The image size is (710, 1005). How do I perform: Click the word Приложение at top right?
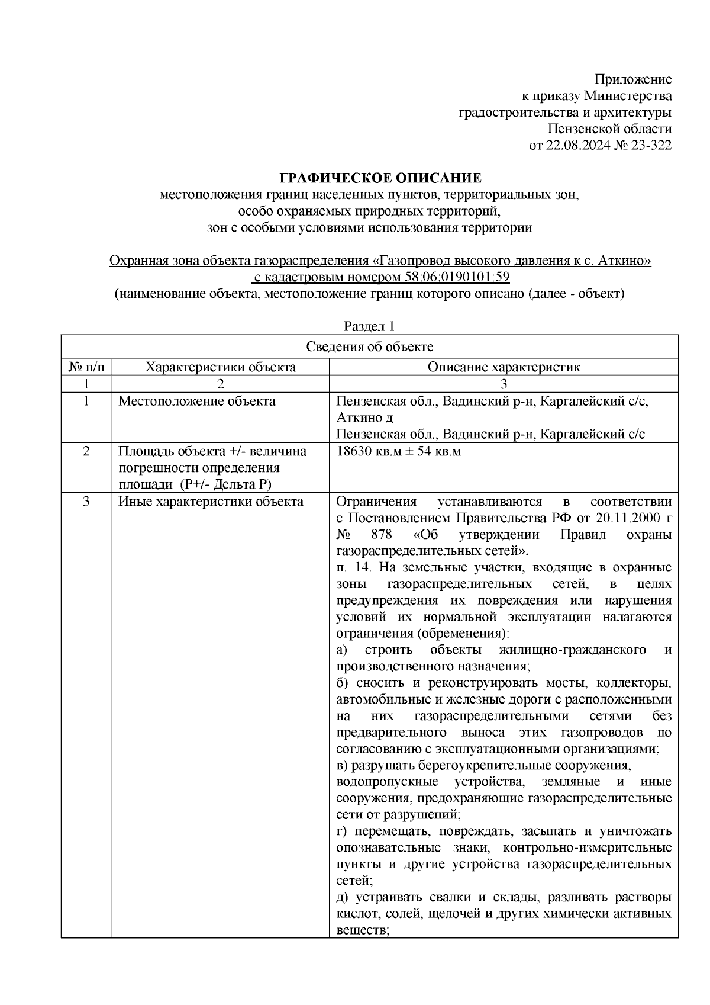click(633, 79)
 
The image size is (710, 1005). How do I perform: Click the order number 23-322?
click(650, 145)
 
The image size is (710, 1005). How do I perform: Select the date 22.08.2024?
click(575, 145)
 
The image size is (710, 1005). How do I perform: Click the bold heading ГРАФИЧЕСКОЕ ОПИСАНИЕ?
click(380, 178)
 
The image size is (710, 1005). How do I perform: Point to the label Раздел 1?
click(369, 326)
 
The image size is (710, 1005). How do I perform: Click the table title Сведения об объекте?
click(369, 347)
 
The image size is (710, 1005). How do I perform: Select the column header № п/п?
click(86, 367)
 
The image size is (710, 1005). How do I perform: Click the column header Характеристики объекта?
click(221, 367)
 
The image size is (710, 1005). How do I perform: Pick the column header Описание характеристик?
click(504, 367)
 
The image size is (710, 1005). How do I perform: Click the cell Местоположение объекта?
click(197, 402)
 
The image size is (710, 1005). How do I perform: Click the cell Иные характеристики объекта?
click(211, 502)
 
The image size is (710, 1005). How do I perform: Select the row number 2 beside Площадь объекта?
click(86, 452)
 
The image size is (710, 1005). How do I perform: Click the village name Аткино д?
click(364, 418)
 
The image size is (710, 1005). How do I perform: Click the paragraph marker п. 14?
click(353, 568)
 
